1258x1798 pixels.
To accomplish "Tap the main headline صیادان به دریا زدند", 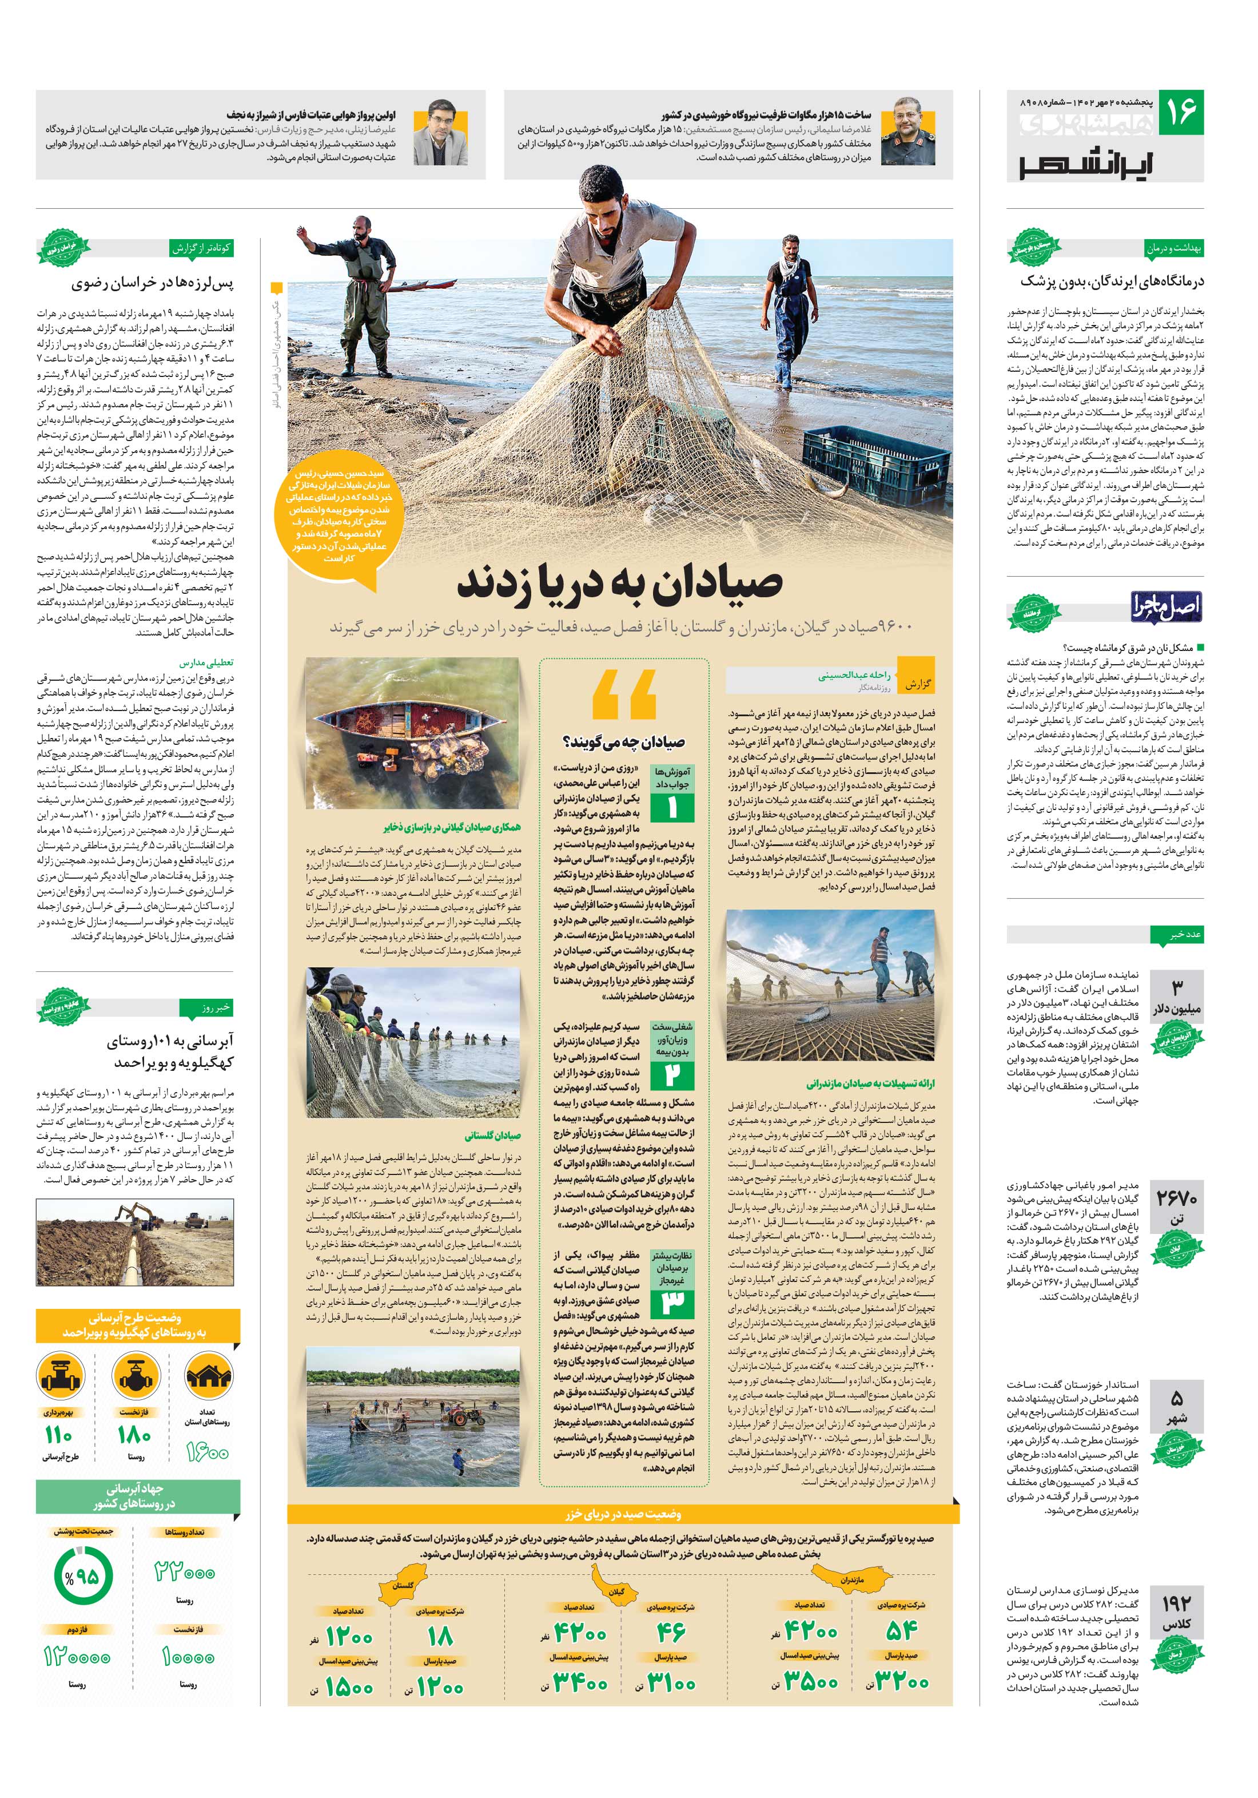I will point(619,584).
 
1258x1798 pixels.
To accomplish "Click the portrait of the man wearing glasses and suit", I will point(439,134).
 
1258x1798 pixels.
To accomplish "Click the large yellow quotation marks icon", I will point(624,696).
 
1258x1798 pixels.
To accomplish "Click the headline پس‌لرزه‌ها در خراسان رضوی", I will point(153,283).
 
